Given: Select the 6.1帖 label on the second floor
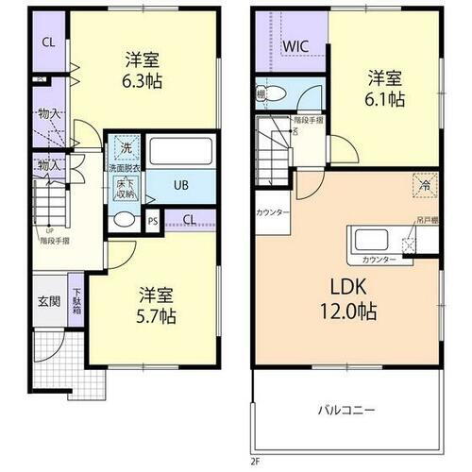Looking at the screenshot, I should (388, 97).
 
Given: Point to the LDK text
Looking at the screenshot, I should (353, 285).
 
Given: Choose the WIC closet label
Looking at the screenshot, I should (295, 45).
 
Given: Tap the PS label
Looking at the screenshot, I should (153, 222).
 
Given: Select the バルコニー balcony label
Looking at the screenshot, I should (346, 412).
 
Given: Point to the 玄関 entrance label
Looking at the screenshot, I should (49, 301).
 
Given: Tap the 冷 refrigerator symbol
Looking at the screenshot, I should (425, 186).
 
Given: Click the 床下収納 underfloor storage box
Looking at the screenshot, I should (125, 188).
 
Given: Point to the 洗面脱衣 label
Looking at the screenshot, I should (123, 168).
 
